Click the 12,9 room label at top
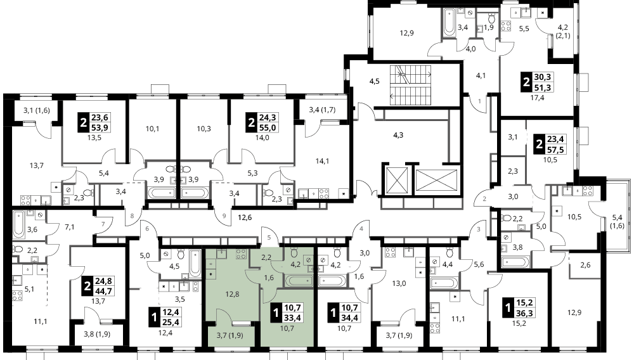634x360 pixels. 407,33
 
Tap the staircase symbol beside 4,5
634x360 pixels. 410,85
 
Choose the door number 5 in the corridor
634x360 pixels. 268,238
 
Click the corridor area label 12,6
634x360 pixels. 245,218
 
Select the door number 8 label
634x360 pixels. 132,215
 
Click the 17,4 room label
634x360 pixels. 538,98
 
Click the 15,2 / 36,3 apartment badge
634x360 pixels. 519,308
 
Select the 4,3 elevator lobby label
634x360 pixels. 398,135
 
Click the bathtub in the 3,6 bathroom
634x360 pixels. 19,224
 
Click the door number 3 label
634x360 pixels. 479,229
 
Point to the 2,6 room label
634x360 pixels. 585,265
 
